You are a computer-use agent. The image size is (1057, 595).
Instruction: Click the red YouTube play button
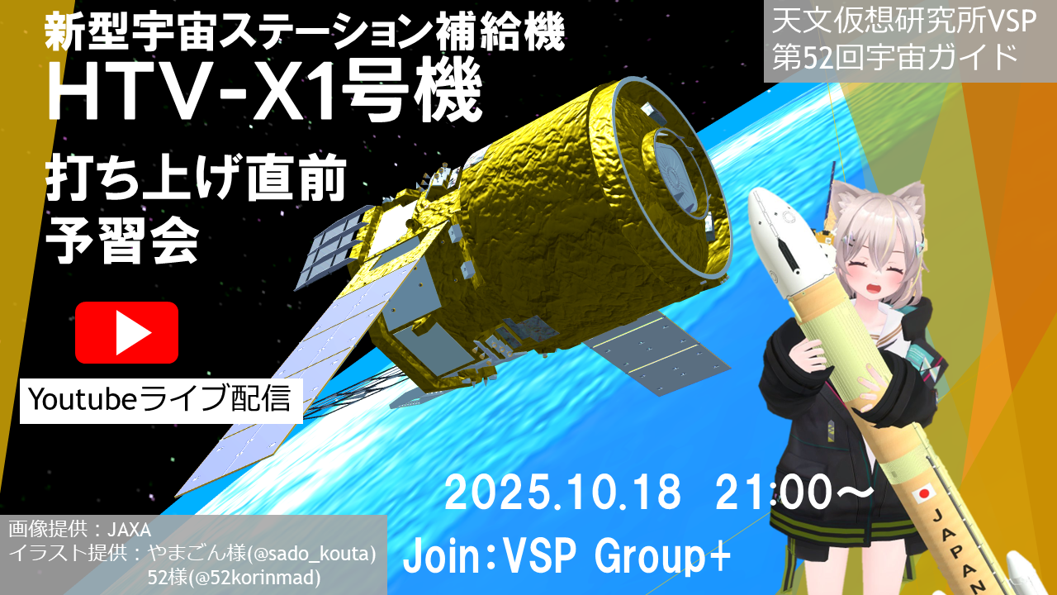coord(126,332)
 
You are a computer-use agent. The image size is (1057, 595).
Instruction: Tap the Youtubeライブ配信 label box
coord(161,401)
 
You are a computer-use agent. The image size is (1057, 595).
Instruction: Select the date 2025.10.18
coord(563,493)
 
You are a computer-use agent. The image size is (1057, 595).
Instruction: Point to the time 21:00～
coord(795,493)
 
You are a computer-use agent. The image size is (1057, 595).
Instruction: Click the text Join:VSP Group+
coord(566,557)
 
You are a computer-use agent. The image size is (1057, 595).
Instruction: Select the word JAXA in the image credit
coord(130,530)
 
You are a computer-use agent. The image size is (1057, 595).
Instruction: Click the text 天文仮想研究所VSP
coord(904,22)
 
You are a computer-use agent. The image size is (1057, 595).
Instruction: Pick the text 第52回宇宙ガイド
coord(894,58)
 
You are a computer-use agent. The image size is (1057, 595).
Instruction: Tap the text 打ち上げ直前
coord(197,178)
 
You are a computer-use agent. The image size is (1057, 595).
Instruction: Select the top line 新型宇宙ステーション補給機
coord(305,32)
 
